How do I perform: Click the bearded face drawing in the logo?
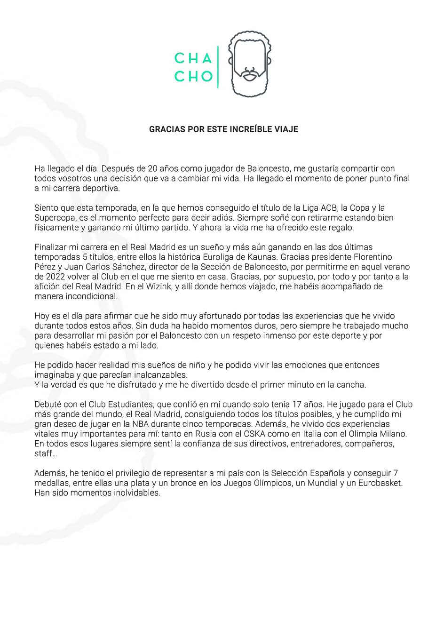(249, 64)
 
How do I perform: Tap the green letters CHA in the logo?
(193, 58)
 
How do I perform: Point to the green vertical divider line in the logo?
(218, 67)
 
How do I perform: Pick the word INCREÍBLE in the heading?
(243, 129)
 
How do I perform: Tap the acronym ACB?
(329, 208)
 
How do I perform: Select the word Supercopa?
(53, 218)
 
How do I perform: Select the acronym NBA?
(139, 424)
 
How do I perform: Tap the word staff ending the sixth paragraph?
(43, 453)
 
